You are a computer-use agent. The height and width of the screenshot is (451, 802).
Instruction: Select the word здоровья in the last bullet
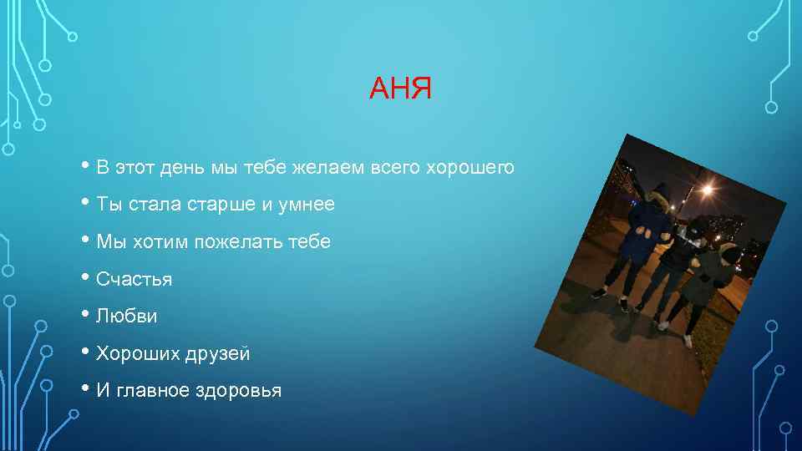[x=238, y=391]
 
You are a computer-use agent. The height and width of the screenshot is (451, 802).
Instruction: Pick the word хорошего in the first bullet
[x=470, y=168]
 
